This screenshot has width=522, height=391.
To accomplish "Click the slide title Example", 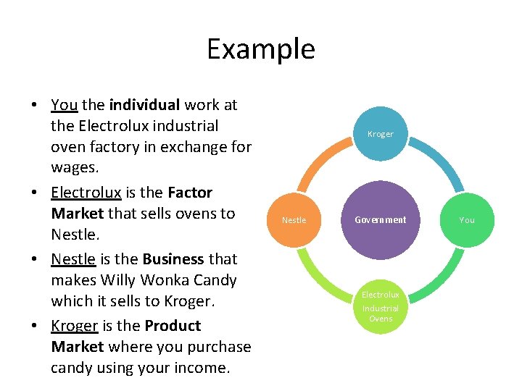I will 261,49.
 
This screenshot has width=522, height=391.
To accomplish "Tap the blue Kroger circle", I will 381,134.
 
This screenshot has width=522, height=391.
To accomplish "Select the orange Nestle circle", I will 294,220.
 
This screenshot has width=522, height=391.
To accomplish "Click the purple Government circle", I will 381,220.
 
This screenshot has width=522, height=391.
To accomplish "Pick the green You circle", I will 467,220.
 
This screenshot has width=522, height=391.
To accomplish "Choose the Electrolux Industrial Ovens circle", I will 381,306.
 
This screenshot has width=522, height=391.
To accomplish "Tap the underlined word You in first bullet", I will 65,105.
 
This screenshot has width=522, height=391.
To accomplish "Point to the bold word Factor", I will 190,193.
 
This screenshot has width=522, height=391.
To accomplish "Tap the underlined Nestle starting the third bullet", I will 73,259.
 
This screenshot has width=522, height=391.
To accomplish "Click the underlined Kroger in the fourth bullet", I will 75,326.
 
